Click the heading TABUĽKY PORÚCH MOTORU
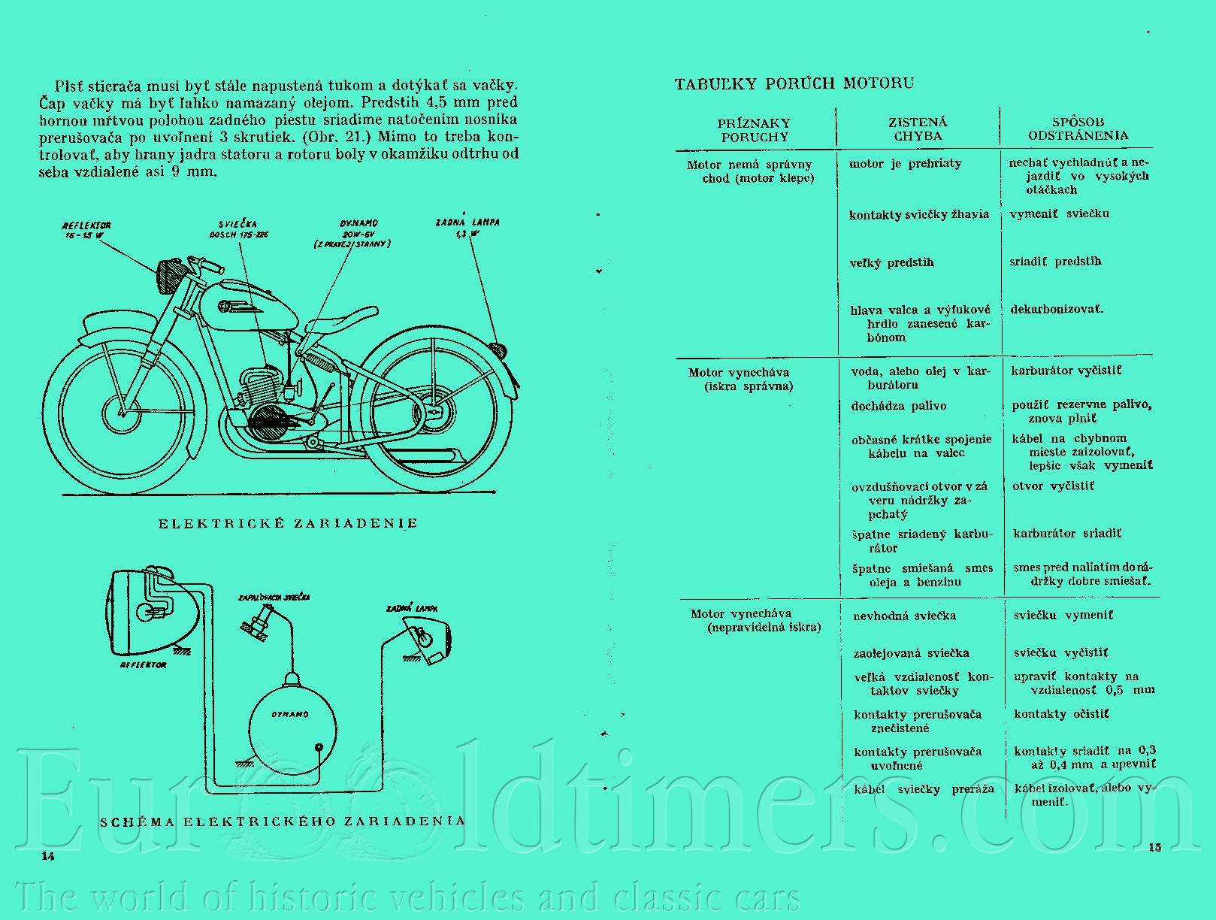794,83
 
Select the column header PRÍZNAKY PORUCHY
754,130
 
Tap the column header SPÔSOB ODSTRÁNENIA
1078,129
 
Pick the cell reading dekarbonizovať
1057,309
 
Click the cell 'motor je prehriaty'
905,163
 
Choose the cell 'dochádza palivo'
898,406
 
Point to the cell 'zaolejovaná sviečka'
911,652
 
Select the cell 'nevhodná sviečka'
904,616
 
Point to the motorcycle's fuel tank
240,304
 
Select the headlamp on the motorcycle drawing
169,277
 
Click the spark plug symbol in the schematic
256,624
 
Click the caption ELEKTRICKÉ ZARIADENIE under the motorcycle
288,523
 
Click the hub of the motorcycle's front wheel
119,411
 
